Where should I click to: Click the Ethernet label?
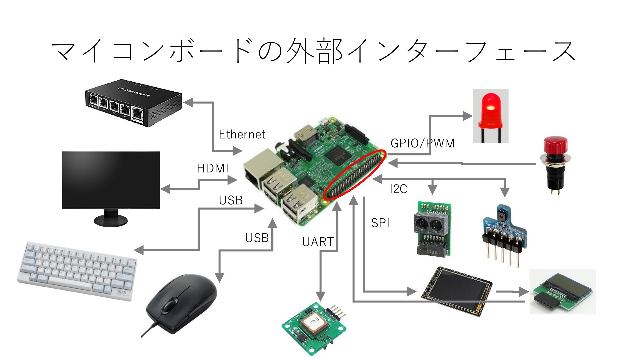242,134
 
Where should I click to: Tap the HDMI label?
212,168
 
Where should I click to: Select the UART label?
318,242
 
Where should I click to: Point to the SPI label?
380,223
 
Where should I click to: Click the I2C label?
398,189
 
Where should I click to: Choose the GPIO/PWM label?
423,143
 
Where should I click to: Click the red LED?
491,116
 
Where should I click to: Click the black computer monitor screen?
111,180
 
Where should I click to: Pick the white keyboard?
77,270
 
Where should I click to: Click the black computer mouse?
182,303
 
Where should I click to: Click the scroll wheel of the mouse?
170,305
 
